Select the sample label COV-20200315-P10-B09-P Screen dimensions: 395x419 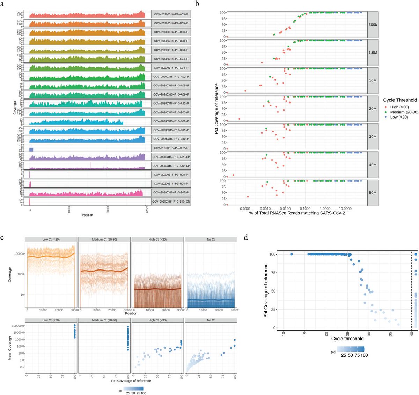point(171,121)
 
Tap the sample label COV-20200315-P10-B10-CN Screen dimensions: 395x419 point(171,202)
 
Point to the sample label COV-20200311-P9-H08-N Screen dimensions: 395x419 point(171,175)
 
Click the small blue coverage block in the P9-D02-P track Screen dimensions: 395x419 point(31,150)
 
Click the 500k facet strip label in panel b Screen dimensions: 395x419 point(373,25)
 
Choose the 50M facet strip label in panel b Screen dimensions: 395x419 point(373,193)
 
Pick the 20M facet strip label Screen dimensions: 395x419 point(373,109)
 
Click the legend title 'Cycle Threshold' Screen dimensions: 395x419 point(400,100)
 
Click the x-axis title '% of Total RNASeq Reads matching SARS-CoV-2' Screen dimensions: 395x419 point(297,213)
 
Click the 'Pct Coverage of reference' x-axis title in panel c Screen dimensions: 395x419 point(131,381)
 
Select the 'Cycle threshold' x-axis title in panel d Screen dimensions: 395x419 point(347,339)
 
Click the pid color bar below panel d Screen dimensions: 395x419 point(351,349)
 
